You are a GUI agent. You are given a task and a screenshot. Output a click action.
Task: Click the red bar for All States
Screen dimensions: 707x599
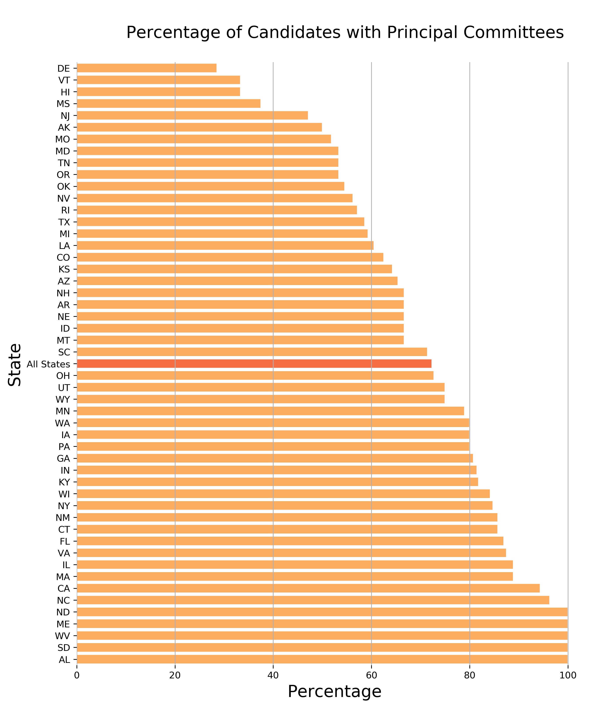point(254,364)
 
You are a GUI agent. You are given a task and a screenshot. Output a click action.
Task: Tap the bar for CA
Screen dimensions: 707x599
point(308,589)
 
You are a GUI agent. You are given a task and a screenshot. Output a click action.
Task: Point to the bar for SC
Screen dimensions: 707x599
point(252,352)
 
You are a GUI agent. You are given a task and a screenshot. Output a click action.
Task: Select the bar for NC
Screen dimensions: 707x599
point(313,600)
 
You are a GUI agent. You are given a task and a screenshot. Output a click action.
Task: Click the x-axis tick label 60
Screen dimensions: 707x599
point(371,675)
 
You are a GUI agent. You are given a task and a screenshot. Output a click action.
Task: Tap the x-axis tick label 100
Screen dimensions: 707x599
point(567,675)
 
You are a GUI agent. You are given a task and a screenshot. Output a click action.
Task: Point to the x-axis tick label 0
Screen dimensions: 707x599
point(77,675)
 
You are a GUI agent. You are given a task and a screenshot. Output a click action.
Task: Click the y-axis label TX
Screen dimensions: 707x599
point(64,222)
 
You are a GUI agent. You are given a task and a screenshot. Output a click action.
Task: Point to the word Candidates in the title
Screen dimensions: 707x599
point(294,33)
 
